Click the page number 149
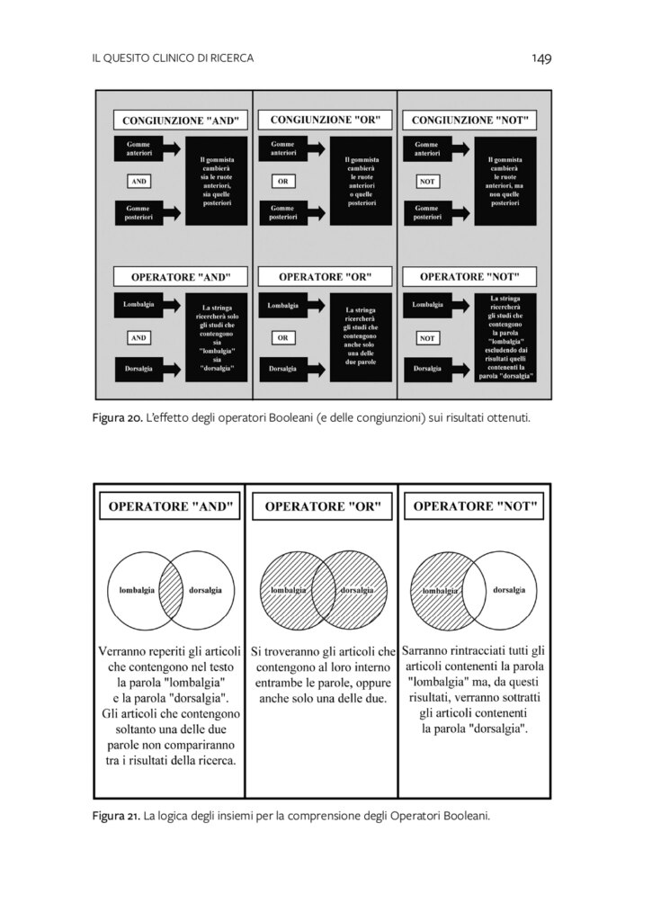tap(540, 58)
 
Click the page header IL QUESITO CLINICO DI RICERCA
tap(173, 58)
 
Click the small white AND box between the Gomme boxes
tap(138, 181)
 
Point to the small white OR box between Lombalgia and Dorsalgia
tap(282, 338)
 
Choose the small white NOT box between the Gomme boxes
tap(428, 181)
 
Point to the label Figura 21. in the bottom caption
tap(115, 816)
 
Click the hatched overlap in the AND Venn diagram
tap(172, 590)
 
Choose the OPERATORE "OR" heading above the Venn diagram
tap(323, 507)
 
